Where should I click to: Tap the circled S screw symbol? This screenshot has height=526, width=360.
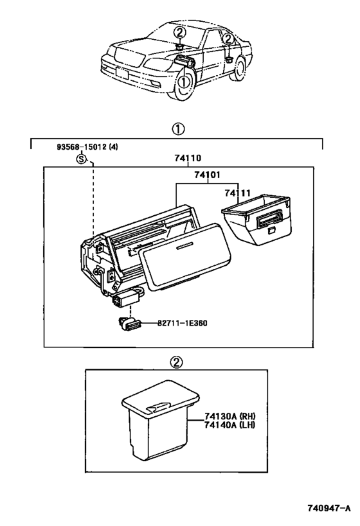(80, 159)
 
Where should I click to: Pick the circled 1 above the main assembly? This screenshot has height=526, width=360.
(179, 129)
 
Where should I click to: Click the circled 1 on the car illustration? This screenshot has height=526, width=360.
(184, 82)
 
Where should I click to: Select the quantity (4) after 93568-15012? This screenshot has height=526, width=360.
(113, 147)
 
